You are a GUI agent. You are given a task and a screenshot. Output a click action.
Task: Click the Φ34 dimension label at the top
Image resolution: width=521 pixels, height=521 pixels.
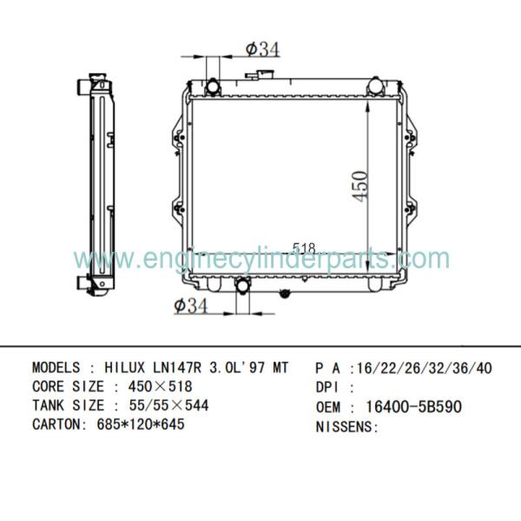pyautogui.click(x=263, y=49)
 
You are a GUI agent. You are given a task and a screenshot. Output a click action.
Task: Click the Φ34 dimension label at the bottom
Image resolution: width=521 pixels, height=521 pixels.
pyautogui.click(x=191, y=306)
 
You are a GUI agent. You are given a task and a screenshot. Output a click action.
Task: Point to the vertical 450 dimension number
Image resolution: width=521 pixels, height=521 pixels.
pyautogui.click(x=359, y=187)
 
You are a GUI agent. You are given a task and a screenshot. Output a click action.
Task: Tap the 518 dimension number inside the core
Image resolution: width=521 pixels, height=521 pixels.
pyautogui.click(x=304, y=247)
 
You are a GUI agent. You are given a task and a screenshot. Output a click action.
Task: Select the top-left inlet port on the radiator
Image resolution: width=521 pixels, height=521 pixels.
pyautogui.click(x=213, y=88)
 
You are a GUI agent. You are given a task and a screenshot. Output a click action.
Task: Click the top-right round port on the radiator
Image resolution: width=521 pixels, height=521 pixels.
pyautogui.click(x=375, y=86)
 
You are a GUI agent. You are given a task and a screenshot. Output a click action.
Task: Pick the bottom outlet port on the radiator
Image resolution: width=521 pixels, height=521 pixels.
pyautogui.click(x=242, y=286)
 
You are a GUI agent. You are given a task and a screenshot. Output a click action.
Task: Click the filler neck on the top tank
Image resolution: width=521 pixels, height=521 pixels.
pyautogui.click(x=260, y=75)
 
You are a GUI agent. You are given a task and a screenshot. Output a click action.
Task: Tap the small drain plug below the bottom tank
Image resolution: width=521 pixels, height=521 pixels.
pyautogui.click(x=285, y=293)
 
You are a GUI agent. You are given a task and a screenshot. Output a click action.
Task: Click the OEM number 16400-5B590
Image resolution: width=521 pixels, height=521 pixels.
pyautogui.click(x=413, y=406)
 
